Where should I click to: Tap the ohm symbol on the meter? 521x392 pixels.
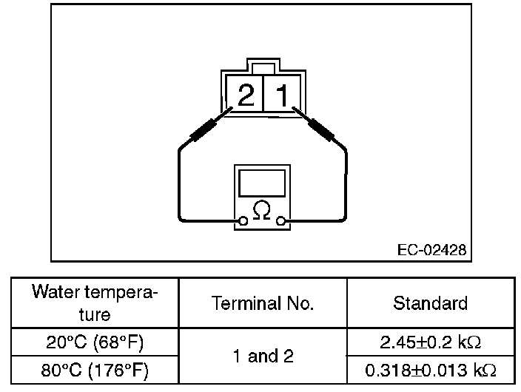coord(261,211)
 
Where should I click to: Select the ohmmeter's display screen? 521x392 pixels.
coord(261,182)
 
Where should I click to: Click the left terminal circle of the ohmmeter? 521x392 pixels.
coord(243,220)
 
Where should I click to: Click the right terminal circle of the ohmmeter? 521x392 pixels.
coord(280,220)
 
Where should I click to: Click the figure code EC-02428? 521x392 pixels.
coord(431,250)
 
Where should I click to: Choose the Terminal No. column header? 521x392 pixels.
coord(263,303)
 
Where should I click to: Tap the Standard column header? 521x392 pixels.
coord(430,303)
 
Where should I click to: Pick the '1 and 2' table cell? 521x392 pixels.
coord(263,356)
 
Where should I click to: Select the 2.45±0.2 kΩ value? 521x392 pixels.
coord(430,342)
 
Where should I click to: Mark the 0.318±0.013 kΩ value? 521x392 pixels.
coord(430,369)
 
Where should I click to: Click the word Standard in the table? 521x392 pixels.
coord(430,303)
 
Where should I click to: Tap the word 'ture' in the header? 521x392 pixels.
coord(94,314)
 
